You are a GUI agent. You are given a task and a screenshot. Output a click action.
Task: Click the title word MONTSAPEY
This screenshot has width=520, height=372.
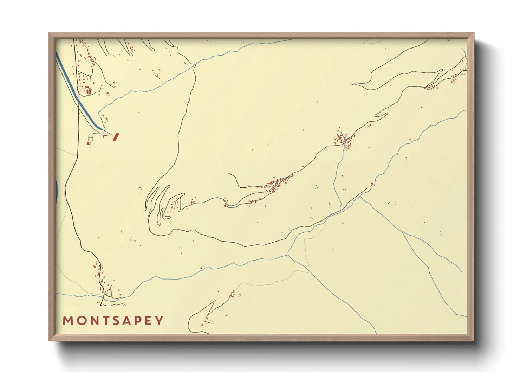tap(113, 321)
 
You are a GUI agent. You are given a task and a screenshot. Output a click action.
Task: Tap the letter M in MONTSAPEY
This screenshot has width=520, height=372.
tap(67, 321)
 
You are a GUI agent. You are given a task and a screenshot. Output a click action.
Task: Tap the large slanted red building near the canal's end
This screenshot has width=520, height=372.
tap(115, 136)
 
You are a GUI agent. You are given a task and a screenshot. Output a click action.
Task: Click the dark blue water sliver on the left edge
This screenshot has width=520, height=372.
tap(57, 192)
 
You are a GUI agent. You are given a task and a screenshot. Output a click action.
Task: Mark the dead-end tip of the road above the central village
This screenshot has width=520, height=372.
tap(227, 173)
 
